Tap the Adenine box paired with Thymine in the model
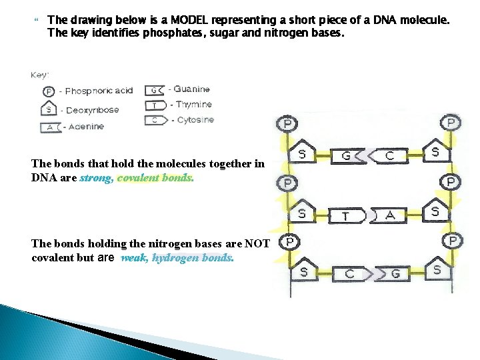[391, 215]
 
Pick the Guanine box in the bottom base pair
[394, 273]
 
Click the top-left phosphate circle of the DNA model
[287, 123]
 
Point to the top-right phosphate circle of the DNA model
[451, 123]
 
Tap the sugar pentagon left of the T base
[303, 213]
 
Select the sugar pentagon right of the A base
[435, 211]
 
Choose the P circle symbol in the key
[48, 92]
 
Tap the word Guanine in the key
[191, 89]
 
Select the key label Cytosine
[195, 120]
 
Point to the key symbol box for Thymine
[155, 105]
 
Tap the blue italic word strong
[96, 178]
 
